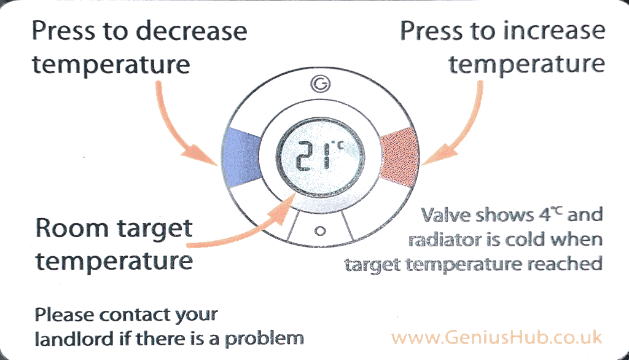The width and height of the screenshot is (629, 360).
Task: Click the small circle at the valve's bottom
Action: pos(319,232)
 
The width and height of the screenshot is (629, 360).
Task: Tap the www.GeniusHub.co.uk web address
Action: pos(497,337)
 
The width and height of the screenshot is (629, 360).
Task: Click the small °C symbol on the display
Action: pos(337,147)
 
